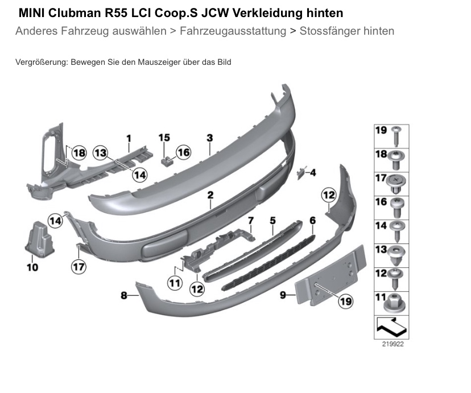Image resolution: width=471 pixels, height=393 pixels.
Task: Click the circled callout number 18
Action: [x=78, y=152]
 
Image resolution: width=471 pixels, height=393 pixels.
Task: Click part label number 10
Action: [x=32, y=267]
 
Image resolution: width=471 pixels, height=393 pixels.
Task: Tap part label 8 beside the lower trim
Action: [x=123, y=295]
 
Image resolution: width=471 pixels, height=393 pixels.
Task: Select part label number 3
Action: [x=209, y=138]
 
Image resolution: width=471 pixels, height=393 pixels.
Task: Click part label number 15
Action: [x=164, y=137]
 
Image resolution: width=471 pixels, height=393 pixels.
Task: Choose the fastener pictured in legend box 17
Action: [x=396, y=182]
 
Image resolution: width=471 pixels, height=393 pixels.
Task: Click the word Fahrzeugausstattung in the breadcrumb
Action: [x=233, y=31]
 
